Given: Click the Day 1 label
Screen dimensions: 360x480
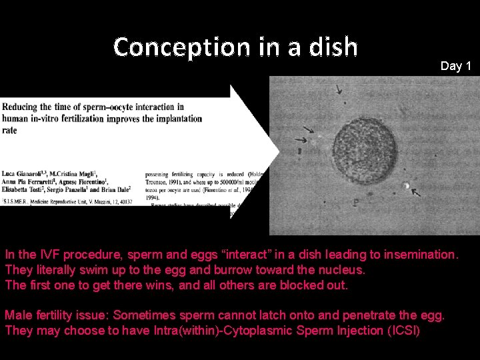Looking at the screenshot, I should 456,66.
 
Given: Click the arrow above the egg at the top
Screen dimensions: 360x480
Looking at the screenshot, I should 340,89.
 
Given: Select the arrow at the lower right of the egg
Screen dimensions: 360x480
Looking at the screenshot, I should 416,193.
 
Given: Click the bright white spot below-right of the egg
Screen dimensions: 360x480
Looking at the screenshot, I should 405,185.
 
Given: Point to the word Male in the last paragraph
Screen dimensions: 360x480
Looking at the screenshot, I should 18,315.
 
